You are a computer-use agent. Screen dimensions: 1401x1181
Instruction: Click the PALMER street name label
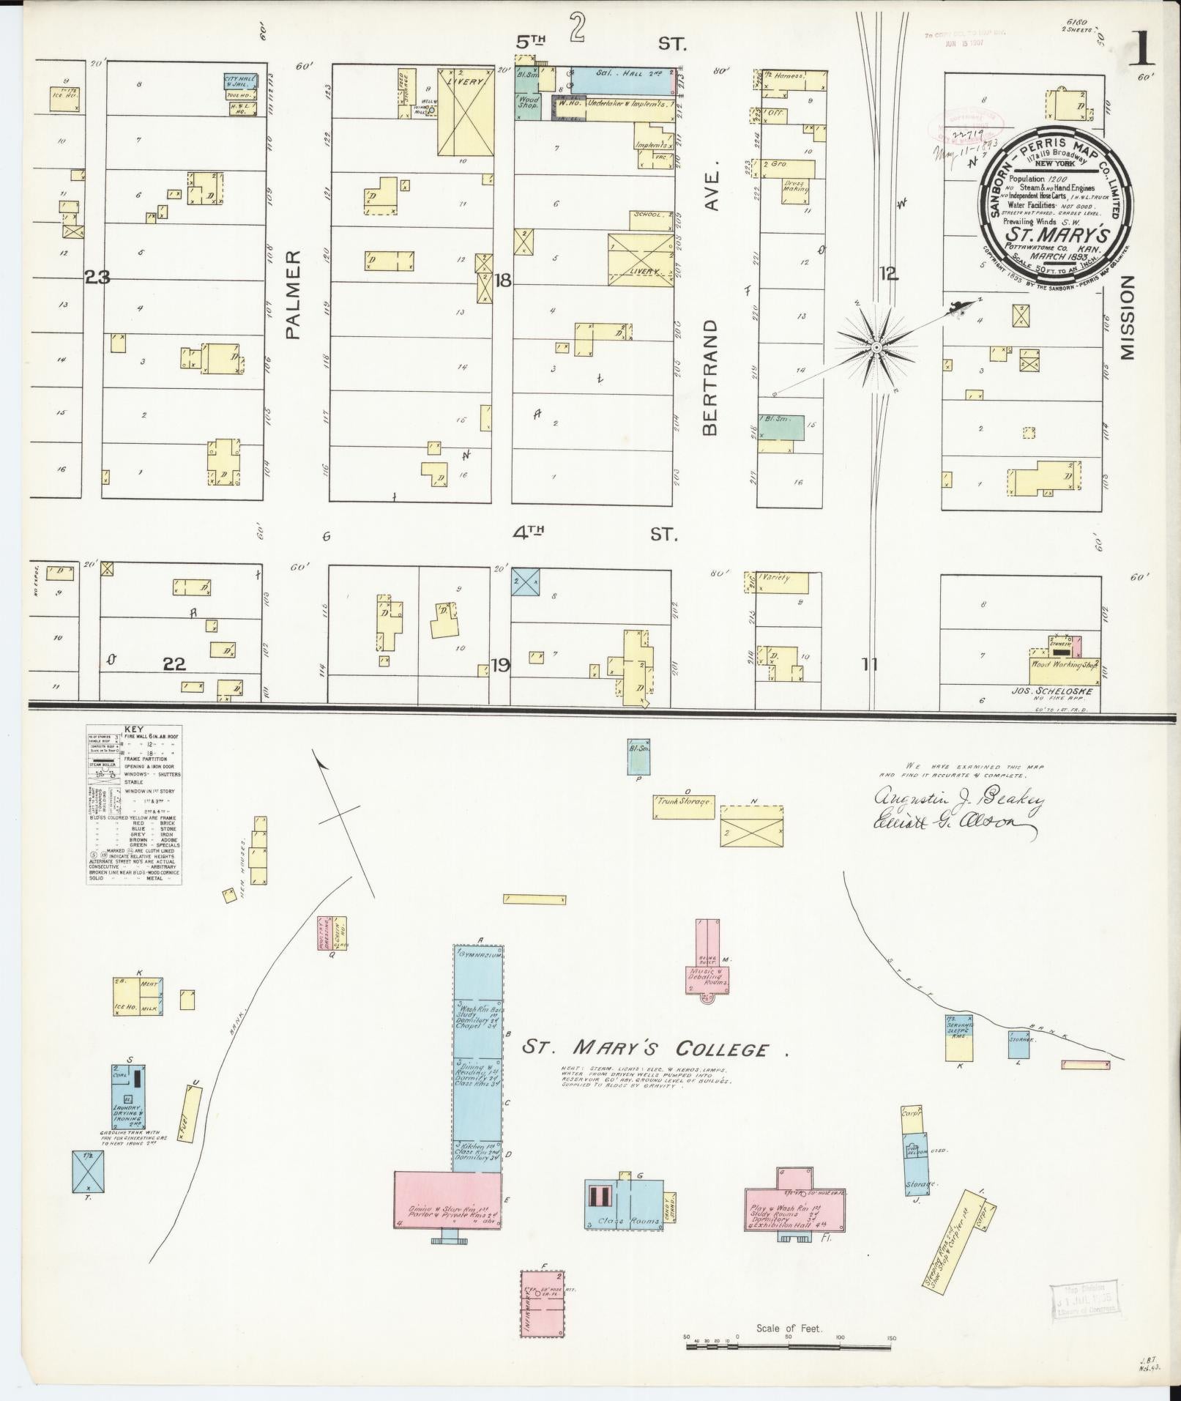pyautogui.click(x=293, y=294)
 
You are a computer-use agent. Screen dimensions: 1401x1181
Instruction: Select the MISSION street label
pyautogui.click(x=1126, y=319)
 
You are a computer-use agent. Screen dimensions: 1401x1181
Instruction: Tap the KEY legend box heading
pyautogui.click(x=134, y=730)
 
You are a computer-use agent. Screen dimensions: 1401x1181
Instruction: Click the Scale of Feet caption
pyautogui.click(x=790, y=1328)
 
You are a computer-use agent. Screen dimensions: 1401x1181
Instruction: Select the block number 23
pyautogui.click(x=97, y=277)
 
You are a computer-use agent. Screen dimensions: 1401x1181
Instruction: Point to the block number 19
pyautogui.click(x=500, y=665)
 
